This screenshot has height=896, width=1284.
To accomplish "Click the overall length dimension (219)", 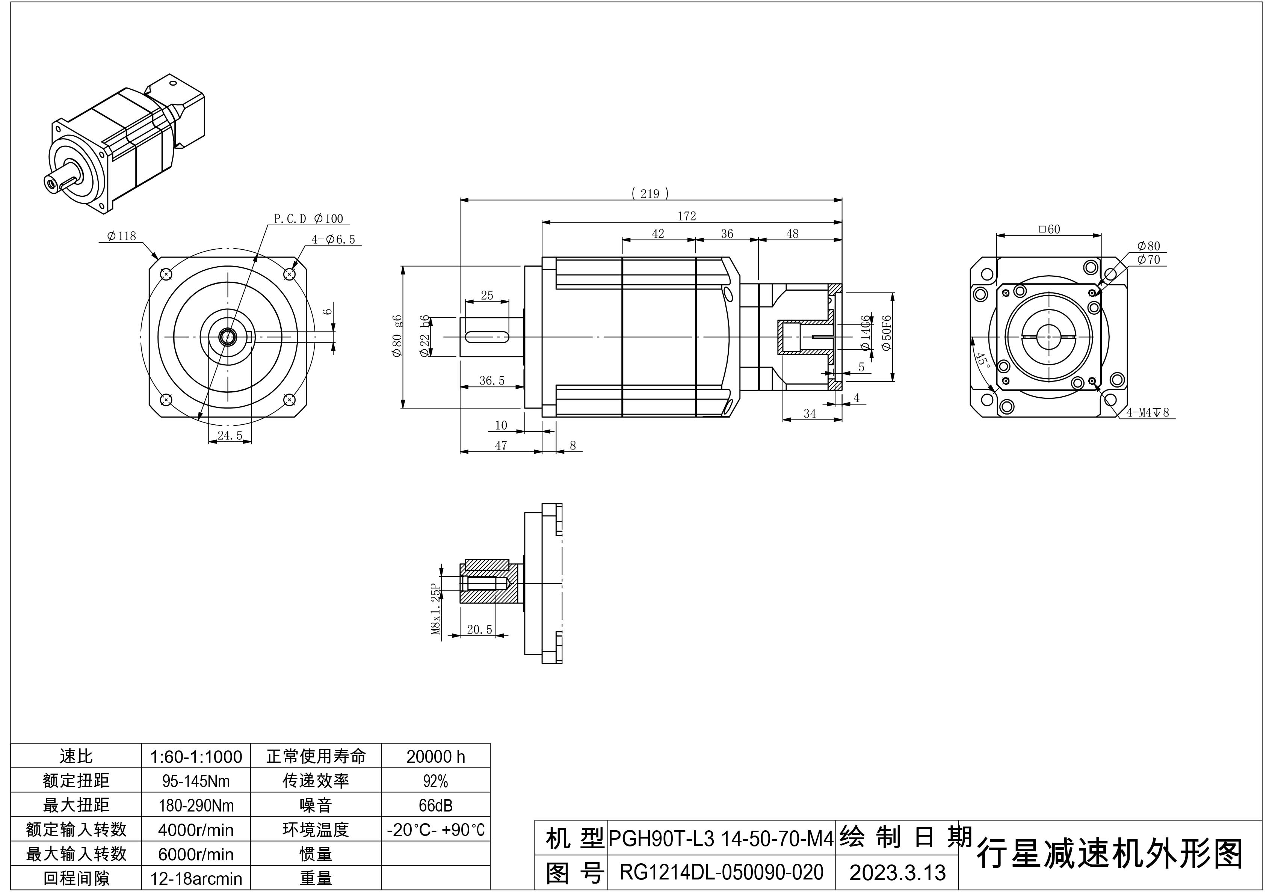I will click(650, 194).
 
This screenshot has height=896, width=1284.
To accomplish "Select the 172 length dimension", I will click(687, 216).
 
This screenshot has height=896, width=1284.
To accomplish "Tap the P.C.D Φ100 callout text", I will click(308, 219).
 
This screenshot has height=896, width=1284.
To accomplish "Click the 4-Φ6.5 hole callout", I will click(333, 239).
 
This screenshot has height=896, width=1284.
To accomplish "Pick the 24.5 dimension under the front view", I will click(230, 436).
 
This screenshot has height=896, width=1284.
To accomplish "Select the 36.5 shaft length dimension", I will click(492, 381).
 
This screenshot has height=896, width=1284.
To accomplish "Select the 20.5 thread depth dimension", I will click(479, 629).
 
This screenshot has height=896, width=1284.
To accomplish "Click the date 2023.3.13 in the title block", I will click(897, 872).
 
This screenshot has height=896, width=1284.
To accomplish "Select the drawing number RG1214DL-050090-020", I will click(721, 872).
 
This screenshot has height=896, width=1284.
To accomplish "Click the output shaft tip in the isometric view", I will click(51, 182).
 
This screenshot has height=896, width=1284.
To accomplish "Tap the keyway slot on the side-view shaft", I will click(486, 336).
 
